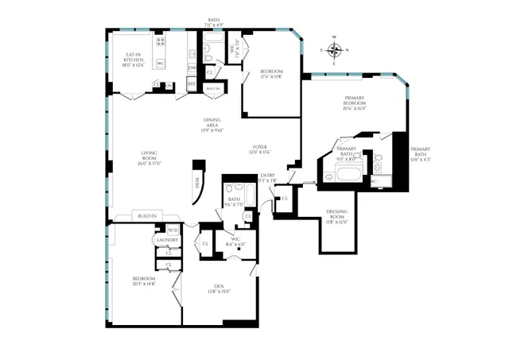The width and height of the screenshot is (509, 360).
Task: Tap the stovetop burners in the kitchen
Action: coord(160,42)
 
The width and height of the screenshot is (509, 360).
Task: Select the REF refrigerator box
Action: coord(192,83)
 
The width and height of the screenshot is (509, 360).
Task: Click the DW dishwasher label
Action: coord(192,68)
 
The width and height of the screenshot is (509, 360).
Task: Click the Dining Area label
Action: coord(212,125)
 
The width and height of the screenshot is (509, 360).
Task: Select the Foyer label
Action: coord(260,149)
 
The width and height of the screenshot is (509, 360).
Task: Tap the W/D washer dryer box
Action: coord(173,230)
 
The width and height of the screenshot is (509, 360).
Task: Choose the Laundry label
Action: coord(167,239)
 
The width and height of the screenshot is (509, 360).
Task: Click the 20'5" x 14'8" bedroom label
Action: coord(144,281)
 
